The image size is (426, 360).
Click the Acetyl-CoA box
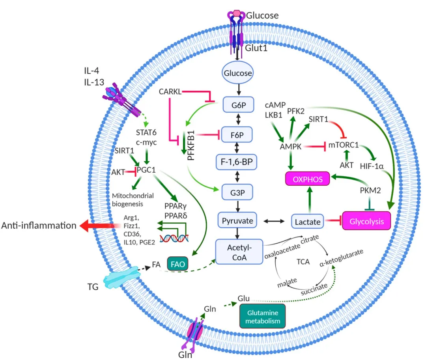pyautogui.click(x=239, y=251)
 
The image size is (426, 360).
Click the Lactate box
pyautogui.click(x=308, y=222)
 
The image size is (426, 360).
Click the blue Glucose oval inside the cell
pyautogui.click(x=238, y=73)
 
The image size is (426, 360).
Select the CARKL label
pyautogui.click(x=170, y=91)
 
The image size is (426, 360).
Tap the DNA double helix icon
pyautogui.click(x=174, y=238)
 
